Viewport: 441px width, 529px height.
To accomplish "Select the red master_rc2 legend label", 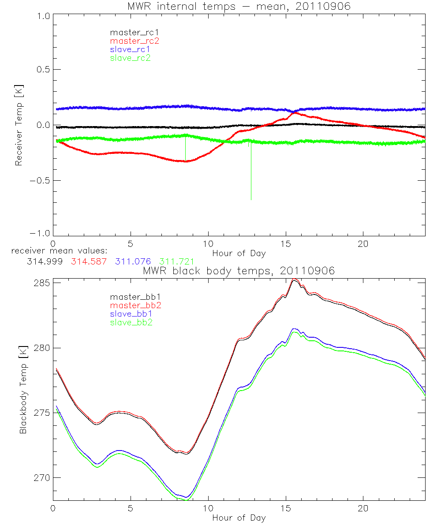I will (x=134, y=41).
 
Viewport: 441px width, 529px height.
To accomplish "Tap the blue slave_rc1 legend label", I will (x=131, y=49).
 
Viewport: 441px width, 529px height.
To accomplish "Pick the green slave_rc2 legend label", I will (x=130, y=58).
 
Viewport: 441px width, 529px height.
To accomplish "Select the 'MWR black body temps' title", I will (x=239, y=271).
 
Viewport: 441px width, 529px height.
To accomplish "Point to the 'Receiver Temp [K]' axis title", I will (x=19, y=125).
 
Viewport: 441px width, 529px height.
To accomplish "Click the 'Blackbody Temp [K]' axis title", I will (x=23, y=390).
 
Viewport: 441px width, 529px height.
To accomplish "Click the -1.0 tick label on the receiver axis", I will (x=40, y=234).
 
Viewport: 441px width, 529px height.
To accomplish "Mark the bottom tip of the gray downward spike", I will (x=251, y=200).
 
